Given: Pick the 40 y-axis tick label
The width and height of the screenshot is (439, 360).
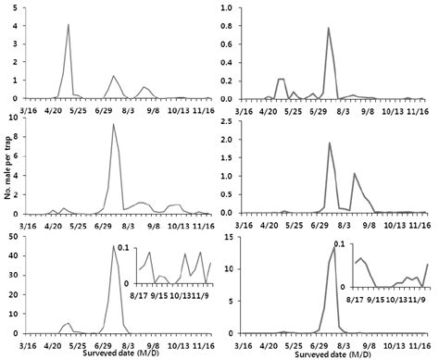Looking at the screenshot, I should (15, 255).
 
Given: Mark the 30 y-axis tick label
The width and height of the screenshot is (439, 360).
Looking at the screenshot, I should (15, 275).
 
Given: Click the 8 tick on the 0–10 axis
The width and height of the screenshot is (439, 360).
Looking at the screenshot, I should (18, 138).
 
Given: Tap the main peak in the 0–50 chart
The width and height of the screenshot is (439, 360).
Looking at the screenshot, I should (113, 246).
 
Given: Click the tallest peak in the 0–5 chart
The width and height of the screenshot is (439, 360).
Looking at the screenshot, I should (69, 25).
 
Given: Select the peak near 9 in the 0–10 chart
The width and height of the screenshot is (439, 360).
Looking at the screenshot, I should (113, 124).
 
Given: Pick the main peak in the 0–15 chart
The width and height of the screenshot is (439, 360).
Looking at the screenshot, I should (332, 246).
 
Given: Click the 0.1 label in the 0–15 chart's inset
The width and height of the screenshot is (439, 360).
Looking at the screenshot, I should (342, 243).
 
